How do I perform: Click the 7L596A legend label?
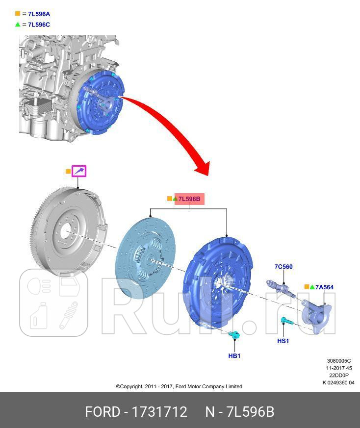pos(39,14)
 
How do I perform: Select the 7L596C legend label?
pos(39,25)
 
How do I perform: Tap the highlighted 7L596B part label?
pos(189,199)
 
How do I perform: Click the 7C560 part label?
pos(283,267)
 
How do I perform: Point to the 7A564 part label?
pos(324,287)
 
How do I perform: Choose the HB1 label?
pos(234,355)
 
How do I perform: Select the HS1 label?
pos(283,341)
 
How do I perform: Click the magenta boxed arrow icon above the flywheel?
pos(79,171)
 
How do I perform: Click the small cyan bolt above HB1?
pos(234,335)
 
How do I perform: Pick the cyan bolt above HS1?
pos(285,322)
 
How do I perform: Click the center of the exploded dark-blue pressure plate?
pos(219,282)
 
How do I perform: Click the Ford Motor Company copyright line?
pos(179,386)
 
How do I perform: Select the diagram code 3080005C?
pos(339,361)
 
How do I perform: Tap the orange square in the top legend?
pos(18,14)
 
